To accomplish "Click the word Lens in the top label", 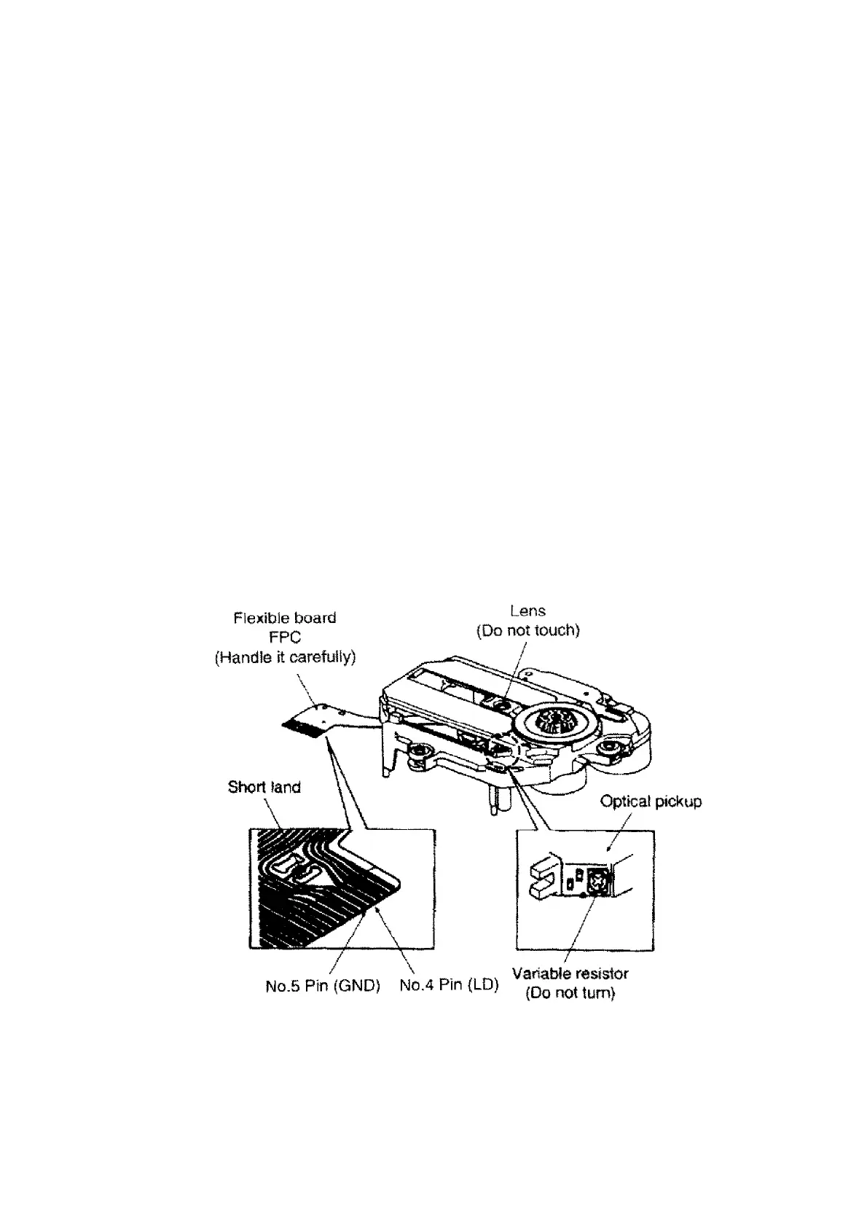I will point(528,611).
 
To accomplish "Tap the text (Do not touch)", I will point(528,631).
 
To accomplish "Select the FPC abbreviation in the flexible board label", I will point(285,638).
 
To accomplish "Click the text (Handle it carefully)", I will point(285,657).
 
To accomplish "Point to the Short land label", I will point(264,787).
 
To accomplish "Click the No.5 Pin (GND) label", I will point(323,987).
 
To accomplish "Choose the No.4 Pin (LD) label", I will point(449,986).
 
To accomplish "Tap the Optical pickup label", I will point(651,801).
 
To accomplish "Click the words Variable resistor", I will point(570,973).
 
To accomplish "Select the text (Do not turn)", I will point(570,993).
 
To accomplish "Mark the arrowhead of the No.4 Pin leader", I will point(377,910).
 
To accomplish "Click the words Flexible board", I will point(285,618).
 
